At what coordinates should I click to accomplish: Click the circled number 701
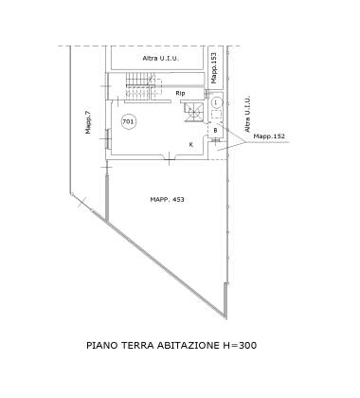(x=128, y=121)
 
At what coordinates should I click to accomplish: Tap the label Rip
(x=180, y=93)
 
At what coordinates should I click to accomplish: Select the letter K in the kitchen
(x=191, y=145)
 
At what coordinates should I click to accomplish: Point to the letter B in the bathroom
(x=216, y=130)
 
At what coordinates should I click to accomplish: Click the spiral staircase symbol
(x=193, y=112)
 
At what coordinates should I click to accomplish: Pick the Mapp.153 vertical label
(x=214, y=67)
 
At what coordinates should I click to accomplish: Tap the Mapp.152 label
(x=269, y=136)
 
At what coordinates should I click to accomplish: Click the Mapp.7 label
(x=88, y=122)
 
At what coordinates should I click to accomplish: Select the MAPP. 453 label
(x=167, y=200)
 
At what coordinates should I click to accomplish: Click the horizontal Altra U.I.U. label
(x=161, y=58)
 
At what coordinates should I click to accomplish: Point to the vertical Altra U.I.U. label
(x=247, y=114)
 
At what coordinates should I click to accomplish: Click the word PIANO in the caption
(x=101, y=345)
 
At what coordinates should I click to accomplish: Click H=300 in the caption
(x=240, y=345)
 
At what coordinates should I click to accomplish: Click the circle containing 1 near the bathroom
(x=216, y=102)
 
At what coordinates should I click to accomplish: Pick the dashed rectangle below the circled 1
(x=216, y=115)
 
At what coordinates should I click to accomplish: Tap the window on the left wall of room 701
(x=108, y=138)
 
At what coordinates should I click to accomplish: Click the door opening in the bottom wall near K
(x=170, y=157)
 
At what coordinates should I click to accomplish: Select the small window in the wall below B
(x=216, y=139)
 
